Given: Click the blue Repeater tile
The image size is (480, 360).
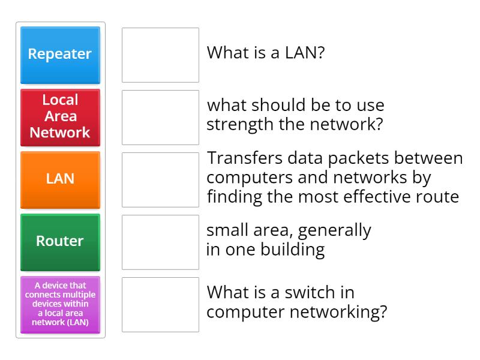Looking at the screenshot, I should pyautogui.click(x=60, y=55).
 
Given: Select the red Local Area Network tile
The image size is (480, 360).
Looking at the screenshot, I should pyautogui.click(x=60, y=117).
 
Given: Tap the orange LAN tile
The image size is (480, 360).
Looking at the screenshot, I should pyautogui.click(x=60, y=179).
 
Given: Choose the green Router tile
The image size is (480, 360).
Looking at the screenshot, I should pyautogui.click(x=60, y=242).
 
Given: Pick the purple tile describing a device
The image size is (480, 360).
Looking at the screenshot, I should pyautogui.click(x=60, y=304).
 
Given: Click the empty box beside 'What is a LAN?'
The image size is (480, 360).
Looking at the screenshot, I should pyautogui.click(x=160, y=55).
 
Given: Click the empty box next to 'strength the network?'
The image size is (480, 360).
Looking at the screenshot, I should pyautogui.click(x=160, y=117).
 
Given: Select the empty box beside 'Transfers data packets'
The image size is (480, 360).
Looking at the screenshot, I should pyautogui.click(x=160, y=179).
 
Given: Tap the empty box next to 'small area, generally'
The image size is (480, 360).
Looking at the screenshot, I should pyautogui.click(x=160, y=242).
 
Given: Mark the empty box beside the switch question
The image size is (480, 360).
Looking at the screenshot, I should pyautogui.click(x=160, y=304).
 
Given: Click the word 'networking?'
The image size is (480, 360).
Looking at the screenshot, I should pyautogui.click(x=335, y=312).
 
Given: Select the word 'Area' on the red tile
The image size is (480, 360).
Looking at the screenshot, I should pyautogui.click(x=60, y=116).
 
